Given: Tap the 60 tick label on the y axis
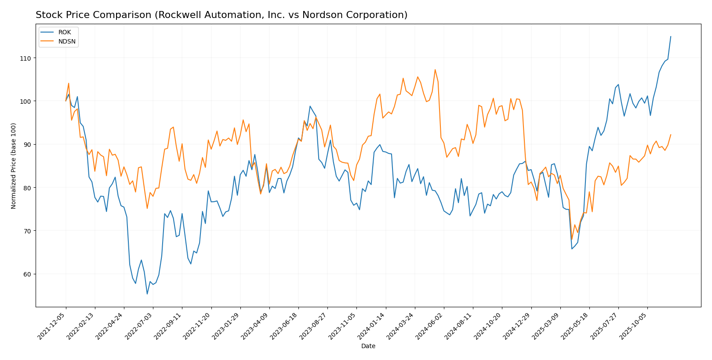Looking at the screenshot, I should click(27, 274).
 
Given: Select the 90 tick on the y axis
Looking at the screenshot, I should click(27, 145).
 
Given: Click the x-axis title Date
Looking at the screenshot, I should click(368, 346).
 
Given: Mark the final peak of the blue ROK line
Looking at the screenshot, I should click(671, 36).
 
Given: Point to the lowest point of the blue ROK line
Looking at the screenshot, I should click(147, 294).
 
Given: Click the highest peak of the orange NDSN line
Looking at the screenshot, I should click(435, 69).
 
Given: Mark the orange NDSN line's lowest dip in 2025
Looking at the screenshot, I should click(572, 240).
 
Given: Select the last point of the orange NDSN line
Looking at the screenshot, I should click(671, 135).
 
